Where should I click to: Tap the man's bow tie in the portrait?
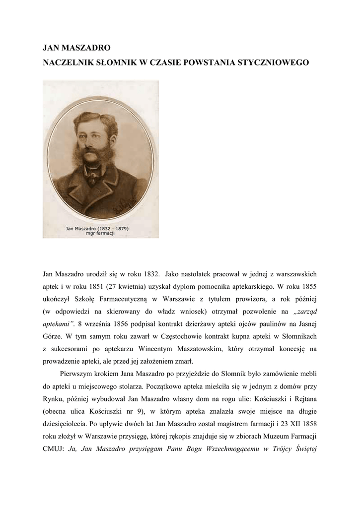[x=92, y=175]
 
